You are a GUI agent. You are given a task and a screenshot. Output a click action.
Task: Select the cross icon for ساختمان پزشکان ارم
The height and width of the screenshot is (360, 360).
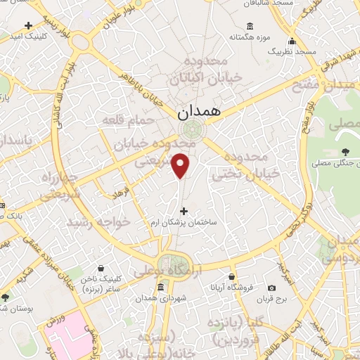[x=184, y=210]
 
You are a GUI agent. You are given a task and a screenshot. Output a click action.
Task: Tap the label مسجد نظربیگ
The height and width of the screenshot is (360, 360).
[x=317, y=53]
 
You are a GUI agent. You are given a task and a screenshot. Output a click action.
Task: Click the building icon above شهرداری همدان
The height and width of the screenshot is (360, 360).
[x=162, y=288]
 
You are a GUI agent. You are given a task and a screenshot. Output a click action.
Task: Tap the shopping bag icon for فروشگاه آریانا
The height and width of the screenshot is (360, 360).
[x=231, y=276]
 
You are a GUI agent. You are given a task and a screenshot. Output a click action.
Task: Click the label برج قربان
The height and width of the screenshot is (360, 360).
[x=272, y=300]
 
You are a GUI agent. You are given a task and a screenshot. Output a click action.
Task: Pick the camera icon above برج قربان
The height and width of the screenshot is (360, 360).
[x=272, y=288]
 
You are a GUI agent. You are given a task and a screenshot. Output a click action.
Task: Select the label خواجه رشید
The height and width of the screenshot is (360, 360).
[x=98, y=221]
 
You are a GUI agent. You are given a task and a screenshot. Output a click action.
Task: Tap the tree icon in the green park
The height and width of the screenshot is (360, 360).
[x=344, y=151]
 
